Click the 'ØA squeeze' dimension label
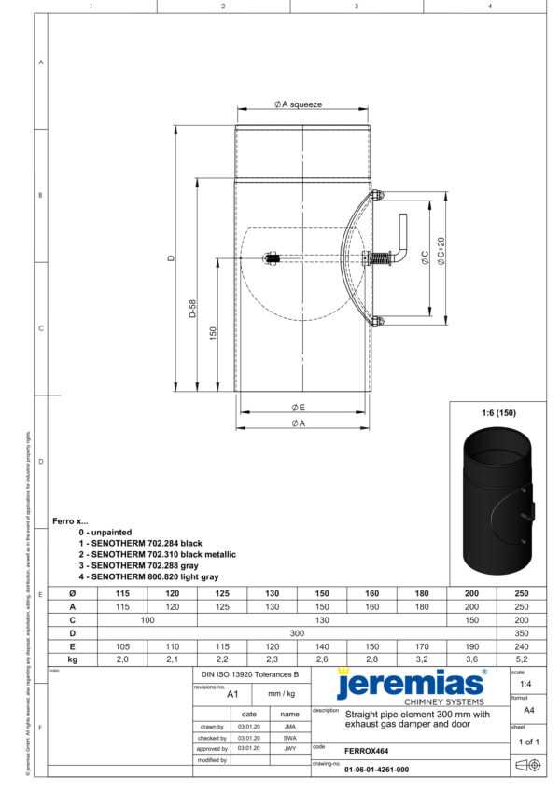tap(299, 104)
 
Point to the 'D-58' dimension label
tap(192, 308)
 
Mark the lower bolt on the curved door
tap(376, 323)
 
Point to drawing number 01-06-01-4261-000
tap(376, 770)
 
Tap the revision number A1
tap(233, 694)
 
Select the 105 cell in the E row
tap(122, 645)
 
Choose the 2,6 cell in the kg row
tap(322, 659)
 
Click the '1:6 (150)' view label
tap(498, 412)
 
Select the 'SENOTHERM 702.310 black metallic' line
tap(158, 554)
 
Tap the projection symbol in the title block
tap(527, 766)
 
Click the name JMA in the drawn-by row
tap(290, 726)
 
